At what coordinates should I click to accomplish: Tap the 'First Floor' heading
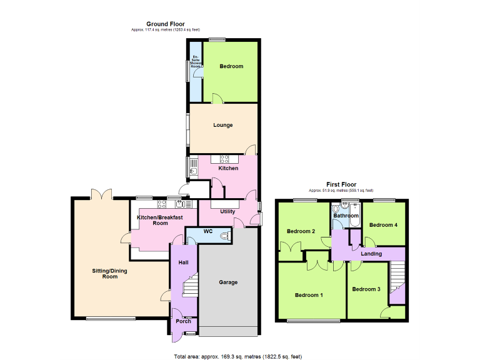pyautogui.click(x=341, y=184)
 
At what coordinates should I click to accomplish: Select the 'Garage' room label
pyautogui.click(x=228, y=282)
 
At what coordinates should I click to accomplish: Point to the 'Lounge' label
pyautogui.click(x=222, y=125)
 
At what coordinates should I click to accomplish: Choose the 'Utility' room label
pyautogui.click(x=227, y=211)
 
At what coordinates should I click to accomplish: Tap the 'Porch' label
pyautogui.click(x=183, y=321)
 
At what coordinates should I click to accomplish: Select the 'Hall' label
pyautogui.click(x=184, y=262)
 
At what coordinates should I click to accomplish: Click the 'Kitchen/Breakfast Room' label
pyautogui.click(x=161, y=220)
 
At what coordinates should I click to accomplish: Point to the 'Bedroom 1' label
pyautogui.click(x=309, y=295)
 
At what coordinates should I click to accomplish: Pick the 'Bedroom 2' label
pyautogui.click(x=301, y=231)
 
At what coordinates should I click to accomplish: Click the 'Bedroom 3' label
pyautogui.click(x=366, y=289)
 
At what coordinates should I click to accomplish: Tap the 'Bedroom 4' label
pyautogui.click(x=383, y=225)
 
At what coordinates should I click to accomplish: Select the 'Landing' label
pyautogui.click(x=371, y=254)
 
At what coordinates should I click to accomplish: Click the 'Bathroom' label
pyautogui.click(x=346, y=215)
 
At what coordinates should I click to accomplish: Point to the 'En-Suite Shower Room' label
pyautogui.click(x=196, y=61)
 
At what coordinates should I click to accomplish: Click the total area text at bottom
pyautogui.click(x=237, y=356)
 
